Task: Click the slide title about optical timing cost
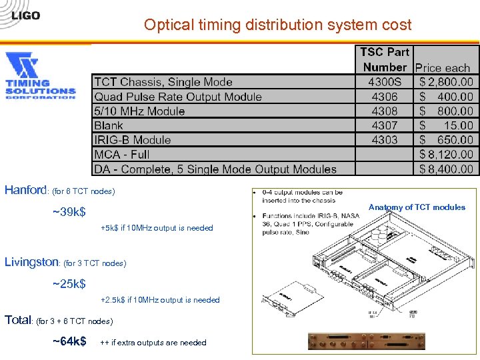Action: (x=277, y=25)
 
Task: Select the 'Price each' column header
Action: (x=443, y=67)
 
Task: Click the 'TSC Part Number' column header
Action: (x=384, y=59)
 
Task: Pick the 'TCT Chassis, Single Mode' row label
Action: (x=163, y=82)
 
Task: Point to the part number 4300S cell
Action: (x=385, y=82)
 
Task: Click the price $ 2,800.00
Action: (x=446, y=82)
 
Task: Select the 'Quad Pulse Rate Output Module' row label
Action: (x=178, y=97)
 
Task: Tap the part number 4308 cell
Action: (x=385, y=111)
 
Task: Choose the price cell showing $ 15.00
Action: (x=446, y=125)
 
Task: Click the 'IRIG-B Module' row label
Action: (x=133, y=140)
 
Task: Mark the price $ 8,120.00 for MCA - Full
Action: (x=446, y=155)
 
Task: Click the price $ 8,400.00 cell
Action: (x=446, y=169)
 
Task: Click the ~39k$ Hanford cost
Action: (x=69, y=213)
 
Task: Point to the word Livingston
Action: (x=32, y=262)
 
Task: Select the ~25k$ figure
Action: (x=69, y=285)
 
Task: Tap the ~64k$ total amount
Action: (x=69, y=342)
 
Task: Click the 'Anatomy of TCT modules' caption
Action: (x=417, y=207)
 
